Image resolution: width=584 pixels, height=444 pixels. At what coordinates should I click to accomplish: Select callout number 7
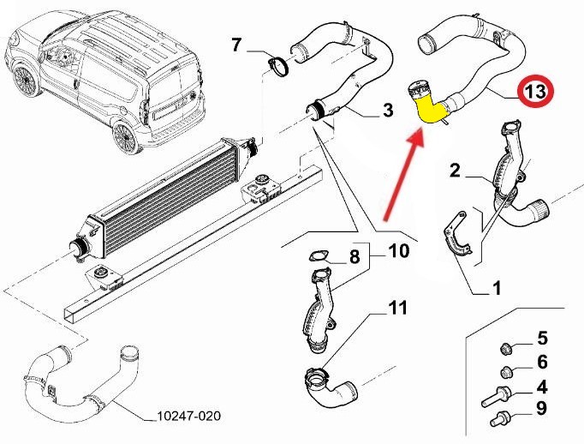point(238,44)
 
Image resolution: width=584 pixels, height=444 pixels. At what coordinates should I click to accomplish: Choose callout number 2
point(456,171)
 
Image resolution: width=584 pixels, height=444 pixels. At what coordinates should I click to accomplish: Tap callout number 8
point(354,256)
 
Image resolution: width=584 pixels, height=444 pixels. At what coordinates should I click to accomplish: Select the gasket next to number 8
point(317,255)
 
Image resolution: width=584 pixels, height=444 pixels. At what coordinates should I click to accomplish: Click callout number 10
point(400,251)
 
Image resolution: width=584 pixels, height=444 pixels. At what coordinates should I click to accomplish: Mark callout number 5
point(541,337)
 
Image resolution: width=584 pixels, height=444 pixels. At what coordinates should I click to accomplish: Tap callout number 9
point(541,409)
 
